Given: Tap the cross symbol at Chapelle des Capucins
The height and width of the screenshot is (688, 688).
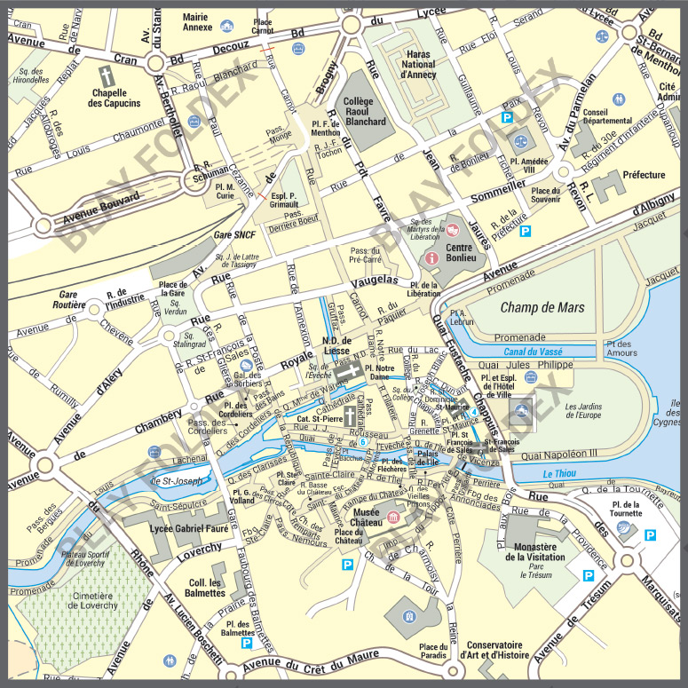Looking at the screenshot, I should pos(105,75).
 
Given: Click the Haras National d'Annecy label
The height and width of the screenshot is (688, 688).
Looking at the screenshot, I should pos(418,64).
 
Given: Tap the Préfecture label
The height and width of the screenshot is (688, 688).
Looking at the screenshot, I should pos(644,175).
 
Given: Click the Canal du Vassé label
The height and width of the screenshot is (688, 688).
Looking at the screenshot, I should pos(534,352).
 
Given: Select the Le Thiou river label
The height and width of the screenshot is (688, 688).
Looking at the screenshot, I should pos(560,474).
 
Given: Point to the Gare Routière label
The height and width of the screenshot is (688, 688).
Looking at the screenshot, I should pos(73,299).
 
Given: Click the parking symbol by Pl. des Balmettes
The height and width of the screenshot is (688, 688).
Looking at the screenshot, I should pos(246,643).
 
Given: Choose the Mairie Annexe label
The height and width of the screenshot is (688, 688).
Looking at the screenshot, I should pos(196,21).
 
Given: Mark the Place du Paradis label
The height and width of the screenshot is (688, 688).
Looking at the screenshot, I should pos(434,652).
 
